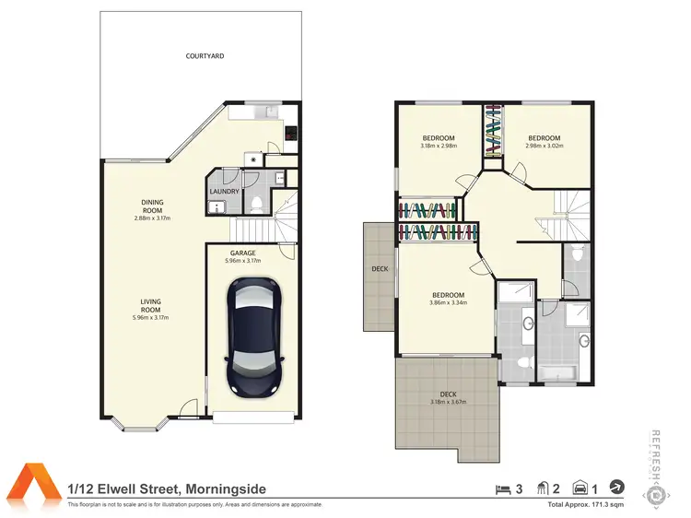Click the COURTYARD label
click(x=205, y=56)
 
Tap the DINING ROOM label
click(x=152, y=207)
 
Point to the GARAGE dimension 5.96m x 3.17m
click(x=243, y=261)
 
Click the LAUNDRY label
click(x=225, y=192)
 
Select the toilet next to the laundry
click(x=259, y=200)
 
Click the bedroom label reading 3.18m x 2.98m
click(x=439, y=145)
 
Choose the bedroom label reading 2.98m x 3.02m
click(x=543, y=145)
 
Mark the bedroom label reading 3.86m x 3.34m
click(x=448, y=302)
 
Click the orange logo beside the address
click(x=34, y=485)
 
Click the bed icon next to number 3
click(x=502, y=488)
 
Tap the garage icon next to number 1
click(x=581, y=488)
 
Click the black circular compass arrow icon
click(x=617, y=488)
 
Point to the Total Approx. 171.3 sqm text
click(x=586, y=505)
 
